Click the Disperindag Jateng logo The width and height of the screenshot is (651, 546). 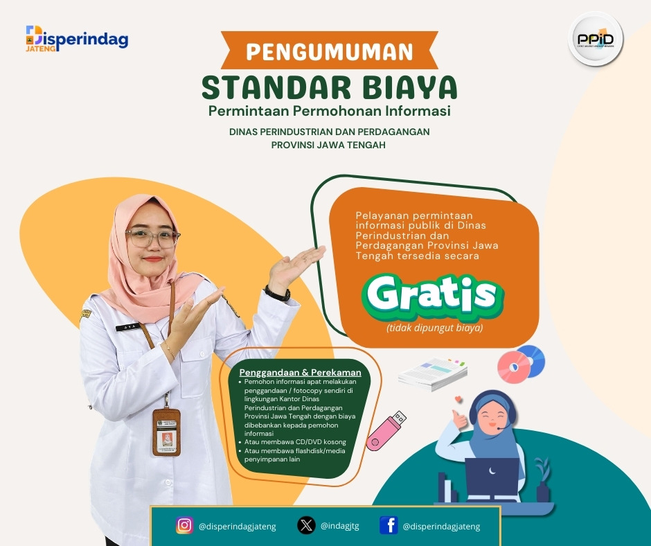click(77, 39)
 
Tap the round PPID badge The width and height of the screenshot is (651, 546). click(596, 39)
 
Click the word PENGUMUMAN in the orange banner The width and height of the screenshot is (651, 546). click(330, 51)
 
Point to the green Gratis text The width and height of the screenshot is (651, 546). click(432, 294)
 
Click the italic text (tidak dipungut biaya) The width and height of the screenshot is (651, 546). click(435, 328)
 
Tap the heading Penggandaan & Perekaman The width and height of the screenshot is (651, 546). click(300, 372)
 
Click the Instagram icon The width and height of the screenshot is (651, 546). click(184, 525)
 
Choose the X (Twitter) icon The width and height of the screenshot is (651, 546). click(306, 525)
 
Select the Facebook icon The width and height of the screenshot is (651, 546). click(389, 525)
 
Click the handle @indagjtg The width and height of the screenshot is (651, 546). click(339, 526)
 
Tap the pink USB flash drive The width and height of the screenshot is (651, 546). click(386, 431)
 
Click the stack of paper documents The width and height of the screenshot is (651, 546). click(432, 373)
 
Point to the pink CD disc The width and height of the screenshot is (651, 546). click(514, 367)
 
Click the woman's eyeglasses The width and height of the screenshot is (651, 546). click(153, 238)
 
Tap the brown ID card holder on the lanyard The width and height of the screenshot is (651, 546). click(166, 432)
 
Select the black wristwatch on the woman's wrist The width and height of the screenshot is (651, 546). click(277, 294)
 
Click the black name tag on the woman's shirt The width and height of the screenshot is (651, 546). click(129, 328)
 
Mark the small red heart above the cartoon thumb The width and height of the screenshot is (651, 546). click(458, 399)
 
